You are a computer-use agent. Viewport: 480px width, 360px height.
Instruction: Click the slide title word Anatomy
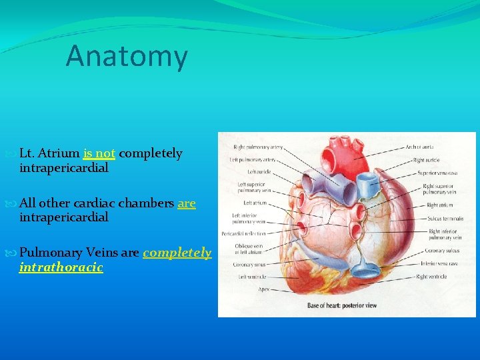point(127,56)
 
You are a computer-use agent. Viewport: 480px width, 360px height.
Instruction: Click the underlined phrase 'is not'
point(99,153)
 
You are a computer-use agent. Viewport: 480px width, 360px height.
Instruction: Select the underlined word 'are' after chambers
point(187,203)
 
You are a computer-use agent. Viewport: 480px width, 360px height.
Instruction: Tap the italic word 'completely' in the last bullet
point(177,253)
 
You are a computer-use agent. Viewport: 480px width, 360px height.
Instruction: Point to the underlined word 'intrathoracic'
point(61,267)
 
